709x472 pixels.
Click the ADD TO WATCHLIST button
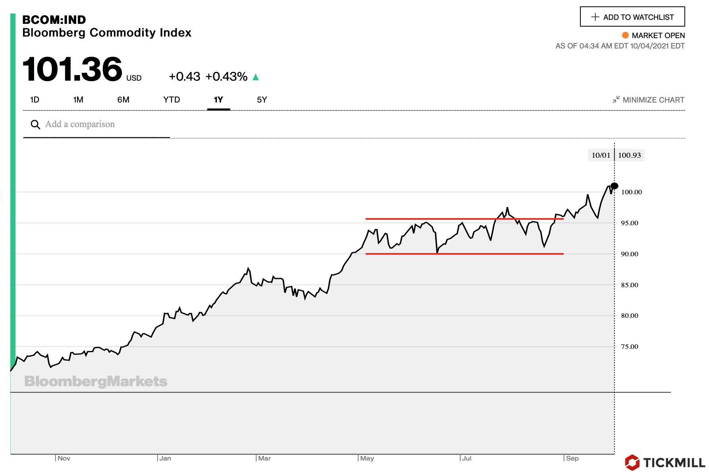click(x=632, y=17)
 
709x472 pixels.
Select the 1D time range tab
click(x=35, y=100)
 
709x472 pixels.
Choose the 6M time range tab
click(x=123, y=100)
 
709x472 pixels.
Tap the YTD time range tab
click(x=171, y=100)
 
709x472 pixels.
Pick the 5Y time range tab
click(x=262, y=100)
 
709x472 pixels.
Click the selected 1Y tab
click(x=218, y=100)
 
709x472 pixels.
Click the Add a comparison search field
click(x=95, y=124)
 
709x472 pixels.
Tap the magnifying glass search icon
click(x=35, y=125)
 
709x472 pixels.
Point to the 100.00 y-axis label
click(x=631, y=192)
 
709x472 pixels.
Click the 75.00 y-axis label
click(x=630, y=347)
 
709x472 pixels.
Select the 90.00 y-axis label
click(x=630, y=254)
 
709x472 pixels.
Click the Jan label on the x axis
click(x=165, y=458)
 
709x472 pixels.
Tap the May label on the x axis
click(x=367, y=458)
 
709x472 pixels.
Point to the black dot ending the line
click(x=615, y=186)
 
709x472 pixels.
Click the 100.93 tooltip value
click(x=629, y=155)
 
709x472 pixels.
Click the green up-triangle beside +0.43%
click(x=256, y=77)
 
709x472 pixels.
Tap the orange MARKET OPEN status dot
click(x=625, y=35)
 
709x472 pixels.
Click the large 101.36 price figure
click(x=73, y=70)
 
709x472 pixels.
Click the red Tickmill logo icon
click(x=632, y=462)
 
